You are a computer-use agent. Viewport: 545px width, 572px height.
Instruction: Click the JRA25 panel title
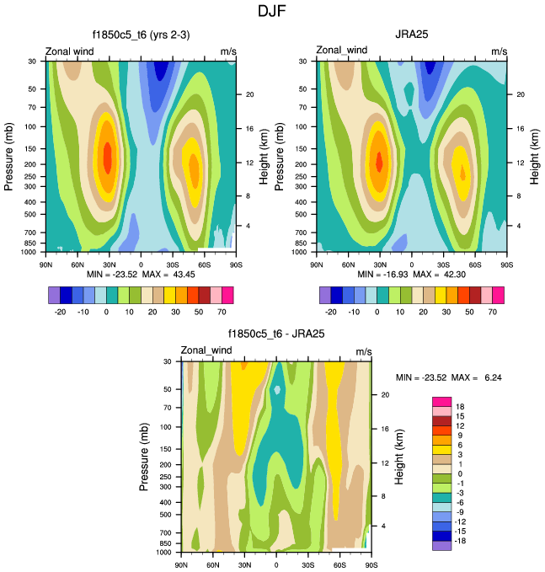(x=411, y=35)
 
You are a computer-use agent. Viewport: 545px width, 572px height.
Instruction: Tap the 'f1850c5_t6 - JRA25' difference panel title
(x=276, y=334)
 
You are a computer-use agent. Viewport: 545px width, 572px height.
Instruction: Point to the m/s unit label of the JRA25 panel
(x=499, y=52)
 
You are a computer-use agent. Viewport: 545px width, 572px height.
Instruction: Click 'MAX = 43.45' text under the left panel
(x=162, y=275)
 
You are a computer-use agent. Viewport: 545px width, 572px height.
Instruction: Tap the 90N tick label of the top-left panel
(x=47, y=263)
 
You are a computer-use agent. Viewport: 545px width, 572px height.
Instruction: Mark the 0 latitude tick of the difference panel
(x=276, y=564)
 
